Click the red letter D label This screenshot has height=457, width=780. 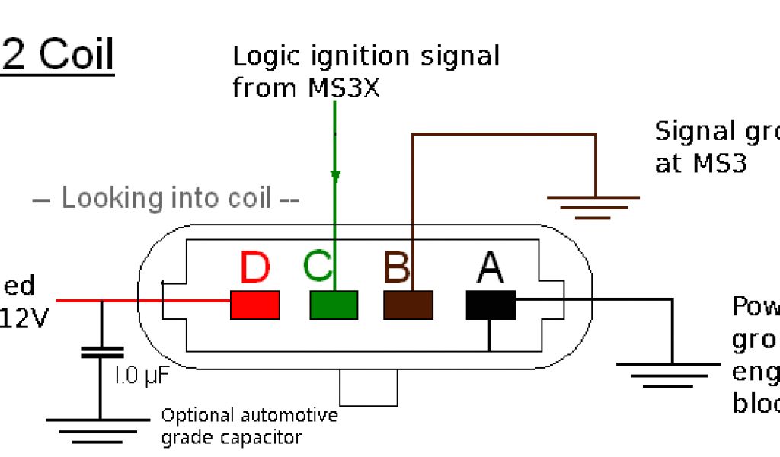(255, 268)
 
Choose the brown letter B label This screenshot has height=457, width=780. (397, 268)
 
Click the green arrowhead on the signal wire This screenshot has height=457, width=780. (334, 177)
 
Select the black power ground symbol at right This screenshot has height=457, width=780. (672, 373)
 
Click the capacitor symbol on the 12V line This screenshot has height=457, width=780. (101, 352)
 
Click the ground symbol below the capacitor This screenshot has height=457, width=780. (99, 429)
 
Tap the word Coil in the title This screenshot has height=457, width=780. (75, 56)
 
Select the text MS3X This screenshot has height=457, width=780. (344, 88)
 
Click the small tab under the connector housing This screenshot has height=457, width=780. (369, 388)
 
